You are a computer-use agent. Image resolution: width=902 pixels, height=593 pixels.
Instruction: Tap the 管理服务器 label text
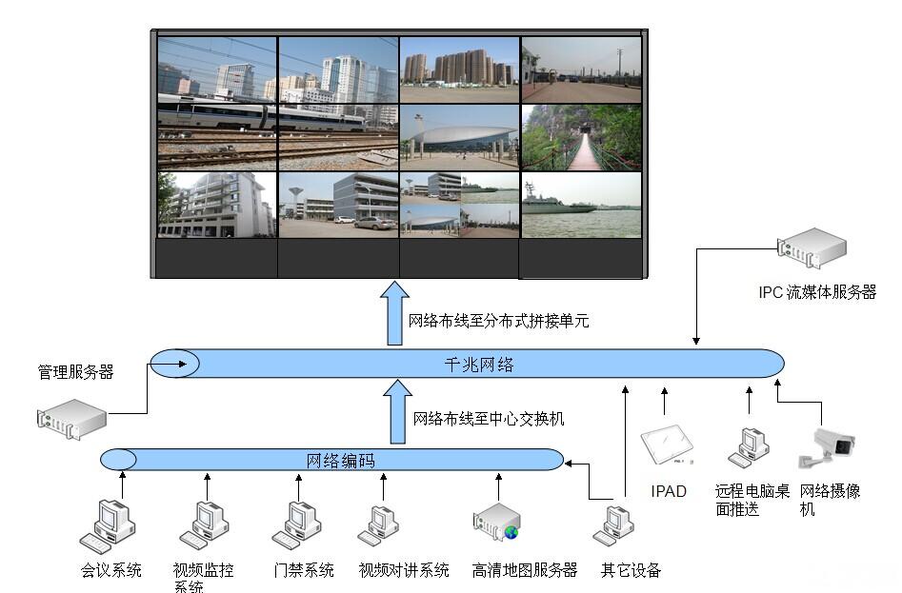[75, 372]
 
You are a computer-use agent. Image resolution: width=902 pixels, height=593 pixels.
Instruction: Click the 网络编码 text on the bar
[341, 461]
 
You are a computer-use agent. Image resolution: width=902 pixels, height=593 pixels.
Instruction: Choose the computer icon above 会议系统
[107, 525]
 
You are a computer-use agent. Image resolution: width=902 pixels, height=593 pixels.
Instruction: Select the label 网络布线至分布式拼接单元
[498, 321]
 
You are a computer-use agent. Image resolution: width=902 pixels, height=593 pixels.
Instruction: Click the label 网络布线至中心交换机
[489, 418]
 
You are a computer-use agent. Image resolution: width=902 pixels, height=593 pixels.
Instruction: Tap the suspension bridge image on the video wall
[581, 137]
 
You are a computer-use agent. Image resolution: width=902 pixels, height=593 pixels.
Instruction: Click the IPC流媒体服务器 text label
[817, 293]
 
